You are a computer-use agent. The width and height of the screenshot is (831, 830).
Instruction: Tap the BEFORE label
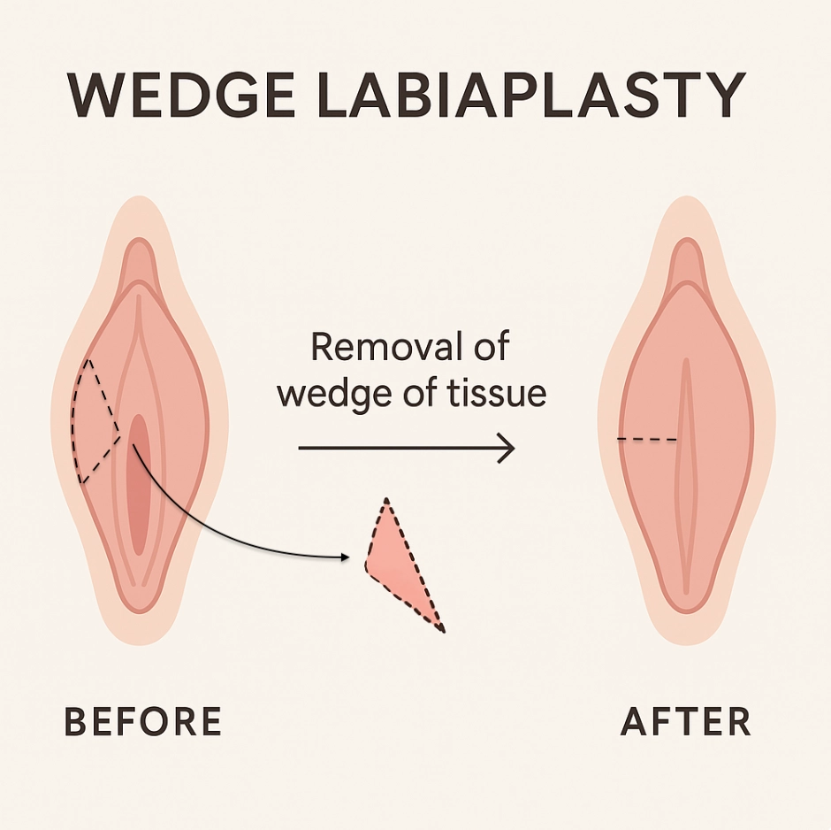pos(142,722)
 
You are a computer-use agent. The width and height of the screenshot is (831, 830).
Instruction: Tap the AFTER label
pos(686,722)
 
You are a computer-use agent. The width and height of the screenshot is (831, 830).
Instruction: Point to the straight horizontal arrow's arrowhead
pos(507,449)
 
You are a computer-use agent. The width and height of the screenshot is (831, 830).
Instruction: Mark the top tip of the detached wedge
pos(385,502)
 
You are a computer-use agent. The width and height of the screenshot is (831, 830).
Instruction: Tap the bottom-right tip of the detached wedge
pos(441,629)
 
